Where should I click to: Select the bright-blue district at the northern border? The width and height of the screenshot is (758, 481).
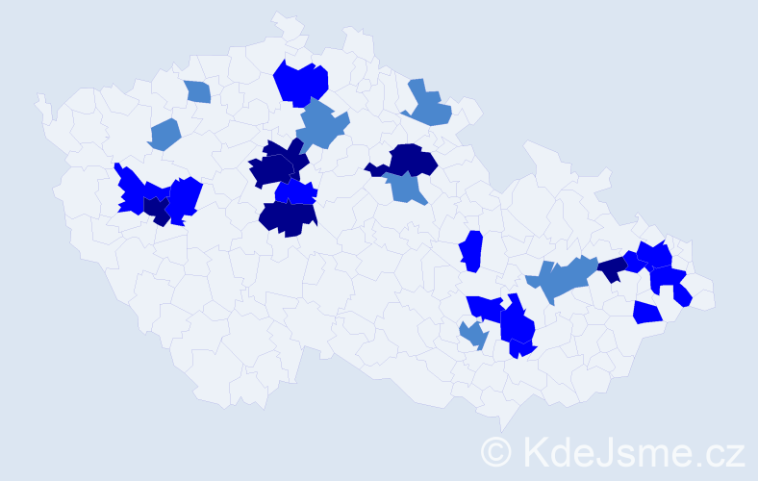(301, 82)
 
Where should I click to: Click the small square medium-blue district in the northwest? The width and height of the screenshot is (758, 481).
(197, 91)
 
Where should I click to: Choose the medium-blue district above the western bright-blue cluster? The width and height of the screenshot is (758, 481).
(164, 134)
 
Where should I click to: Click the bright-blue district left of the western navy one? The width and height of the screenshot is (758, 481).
(132, 190)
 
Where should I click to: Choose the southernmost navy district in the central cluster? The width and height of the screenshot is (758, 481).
(288, 218)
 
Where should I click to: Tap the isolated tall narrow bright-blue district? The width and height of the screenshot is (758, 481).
(470, 251)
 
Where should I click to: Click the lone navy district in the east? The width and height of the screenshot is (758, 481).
(610, 269)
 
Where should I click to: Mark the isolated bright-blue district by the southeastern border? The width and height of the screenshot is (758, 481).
(647, 312)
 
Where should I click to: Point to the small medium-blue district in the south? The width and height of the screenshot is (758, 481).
(473, 335)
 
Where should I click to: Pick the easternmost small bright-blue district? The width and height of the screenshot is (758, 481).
(682, 295)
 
